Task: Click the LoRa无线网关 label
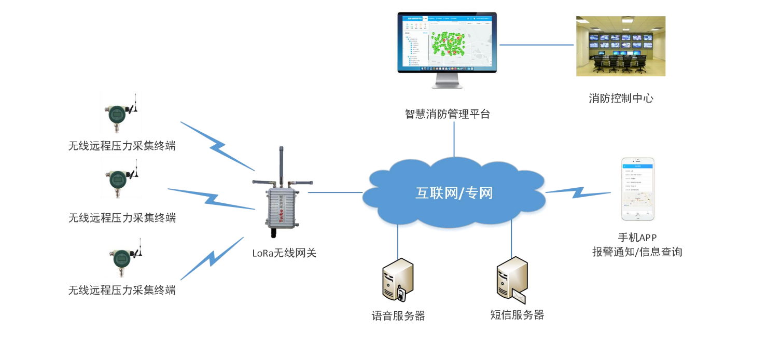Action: pos(284,253)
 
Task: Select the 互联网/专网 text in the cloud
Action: pos(454,193)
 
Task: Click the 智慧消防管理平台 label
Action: pos(447,114)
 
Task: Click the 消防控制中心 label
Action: pos(621,98)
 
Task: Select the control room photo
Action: pos(620,46)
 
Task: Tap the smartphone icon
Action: pos(638,189)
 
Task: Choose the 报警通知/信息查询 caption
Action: pos(637,252)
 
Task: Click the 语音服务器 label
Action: pos(398,316)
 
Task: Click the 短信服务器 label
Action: pos(517,315)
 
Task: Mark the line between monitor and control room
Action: pos(537,45)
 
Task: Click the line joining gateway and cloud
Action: pos(335,192)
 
